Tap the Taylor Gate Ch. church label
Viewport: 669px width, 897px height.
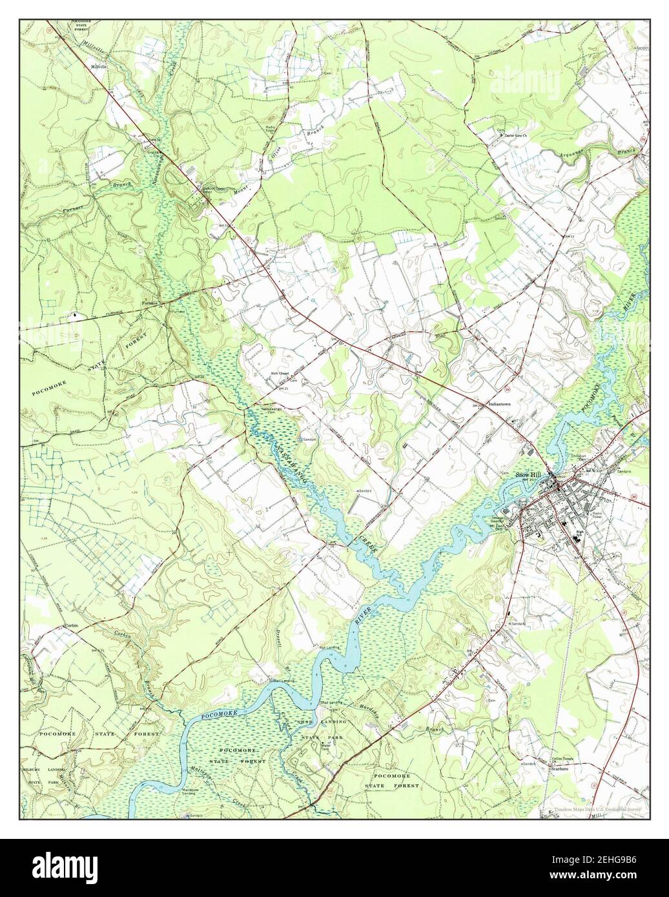(515, 137)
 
